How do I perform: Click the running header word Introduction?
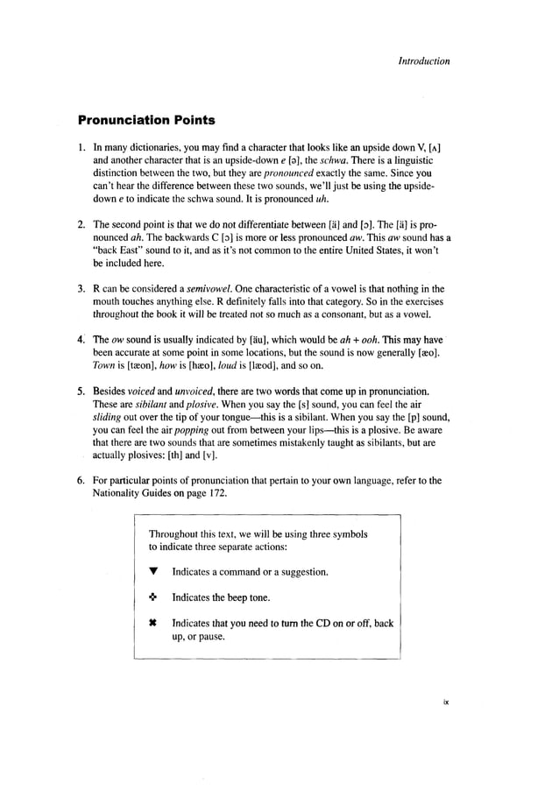(424, 61)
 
